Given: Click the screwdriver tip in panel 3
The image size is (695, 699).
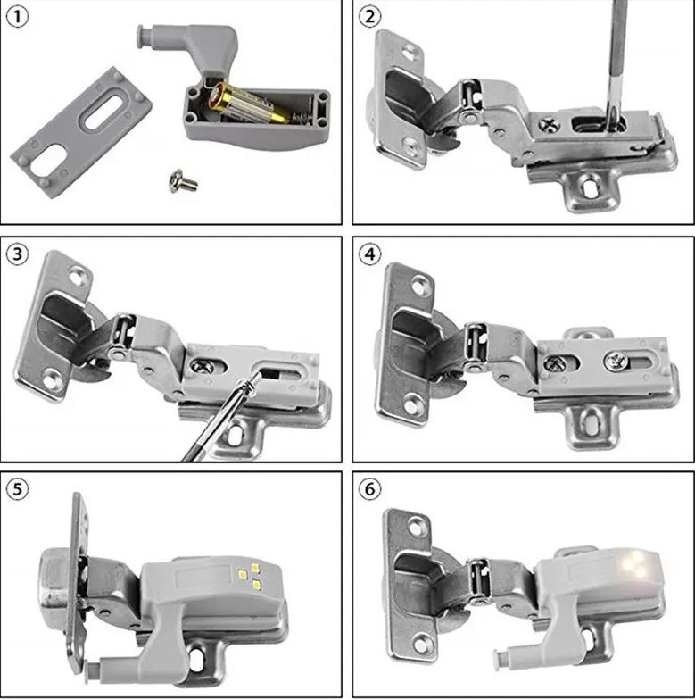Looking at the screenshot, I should pyautogui.click(x=253, y=380).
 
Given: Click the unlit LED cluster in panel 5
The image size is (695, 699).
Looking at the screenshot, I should pyautogui.click(x=252, y=575).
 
